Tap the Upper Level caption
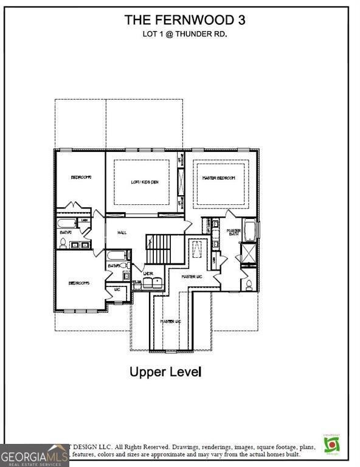coord(165,372)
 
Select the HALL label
coord(122,232)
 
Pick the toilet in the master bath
coord(249,284)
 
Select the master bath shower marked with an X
coord(249,253)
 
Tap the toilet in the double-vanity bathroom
coord(63,243)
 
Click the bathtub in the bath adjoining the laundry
coord(117,256)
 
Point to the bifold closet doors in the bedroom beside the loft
coord(74,206)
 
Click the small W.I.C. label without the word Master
coord(117,290)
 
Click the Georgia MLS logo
coord(34,455)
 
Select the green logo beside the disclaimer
coord(331,444)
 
